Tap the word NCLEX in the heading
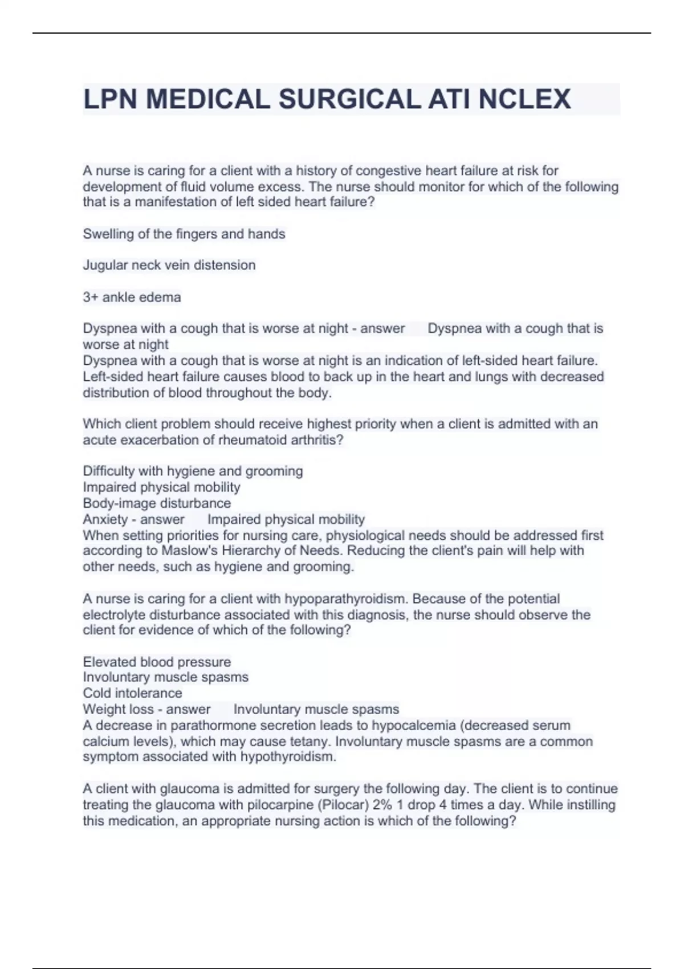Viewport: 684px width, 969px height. tap(524, 99)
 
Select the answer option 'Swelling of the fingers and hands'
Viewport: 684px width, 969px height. tap(184, 234)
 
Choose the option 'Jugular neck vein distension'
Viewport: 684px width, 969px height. tap(169, 265)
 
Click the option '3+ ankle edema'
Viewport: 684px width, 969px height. tap(132, 297)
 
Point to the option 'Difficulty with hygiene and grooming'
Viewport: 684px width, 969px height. tap(193, 471)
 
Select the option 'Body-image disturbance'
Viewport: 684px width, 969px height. tap(157, 503)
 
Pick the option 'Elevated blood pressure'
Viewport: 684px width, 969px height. tap(157, 662)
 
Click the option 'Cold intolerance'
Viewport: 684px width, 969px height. tap(132, 693)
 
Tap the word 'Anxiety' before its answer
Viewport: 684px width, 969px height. tap(105, 519)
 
